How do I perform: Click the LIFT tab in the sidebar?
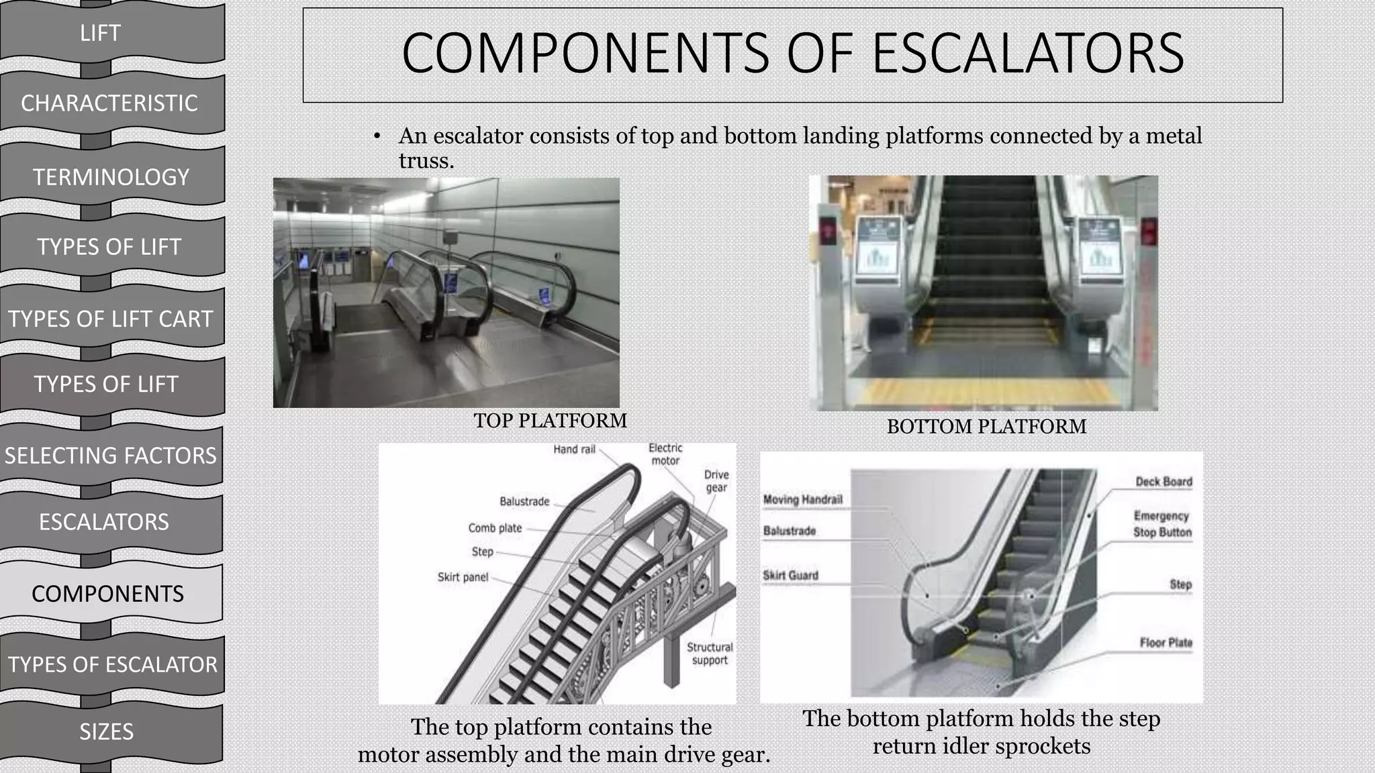click(x=100, y=33)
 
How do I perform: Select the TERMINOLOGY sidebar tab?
click(x=111, y=177)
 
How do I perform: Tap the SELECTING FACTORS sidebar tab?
click(x=111, y=456)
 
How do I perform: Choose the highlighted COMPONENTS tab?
click(x=107, y=594)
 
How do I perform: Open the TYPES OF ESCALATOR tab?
click(x=112, y=664)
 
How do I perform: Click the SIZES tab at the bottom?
click(x=106, y=731)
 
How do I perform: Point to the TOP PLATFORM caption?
click(x=550, y=421)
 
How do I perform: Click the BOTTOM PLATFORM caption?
click(x=986, y=427)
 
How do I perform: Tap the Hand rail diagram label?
click(x=574, y=449)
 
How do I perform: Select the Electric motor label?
click(x=665, y=454)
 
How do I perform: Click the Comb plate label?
click(x=495, y=528)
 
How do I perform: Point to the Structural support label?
click(x=710, y=654)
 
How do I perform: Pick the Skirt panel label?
click(x=463, y=577)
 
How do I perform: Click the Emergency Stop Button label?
click(x=1162, y=524)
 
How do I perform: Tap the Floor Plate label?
click(x=1166, y=643)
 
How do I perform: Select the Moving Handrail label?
click(x=802, y=499)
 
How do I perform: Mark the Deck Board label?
click(x=1164, y=482)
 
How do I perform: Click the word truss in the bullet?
click(x=426, y=161)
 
